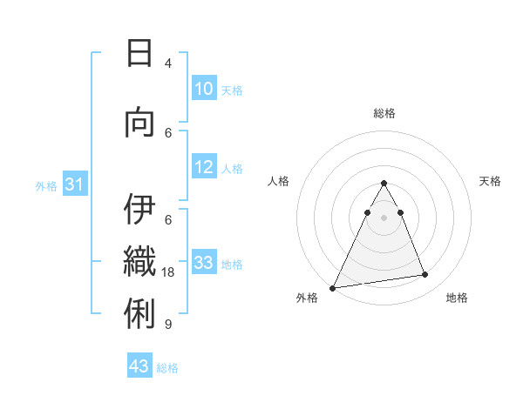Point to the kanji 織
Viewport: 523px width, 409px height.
click(x=139, y=262)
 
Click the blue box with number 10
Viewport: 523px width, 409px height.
click(x=203, y=89)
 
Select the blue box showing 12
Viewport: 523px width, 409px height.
click(x=203, y=168)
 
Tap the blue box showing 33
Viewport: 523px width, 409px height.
click(x=203, y=263)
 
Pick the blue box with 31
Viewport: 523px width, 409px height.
click(x=74, y=184)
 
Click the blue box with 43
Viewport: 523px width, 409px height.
click(x=139, y=366)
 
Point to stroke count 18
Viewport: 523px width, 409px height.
click(x=169, y=272)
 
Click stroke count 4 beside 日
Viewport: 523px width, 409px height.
click(x=168, y=64)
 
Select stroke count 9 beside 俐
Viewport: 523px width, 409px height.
click(x=168, y=325)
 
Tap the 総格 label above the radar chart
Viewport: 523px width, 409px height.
click(x=384, y=113)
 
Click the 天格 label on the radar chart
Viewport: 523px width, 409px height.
click(x=490, y=181)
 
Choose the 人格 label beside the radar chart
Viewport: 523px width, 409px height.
click(x=278, y=181)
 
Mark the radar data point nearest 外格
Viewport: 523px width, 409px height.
click(x=333, y=287)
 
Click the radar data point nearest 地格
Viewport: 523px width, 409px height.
click(x=425, y=275)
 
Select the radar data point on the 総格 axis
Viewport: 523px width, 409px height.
click(x=384, y=183)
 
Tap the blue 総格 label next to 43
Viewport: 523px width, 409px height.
click(x=167, y=368)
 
